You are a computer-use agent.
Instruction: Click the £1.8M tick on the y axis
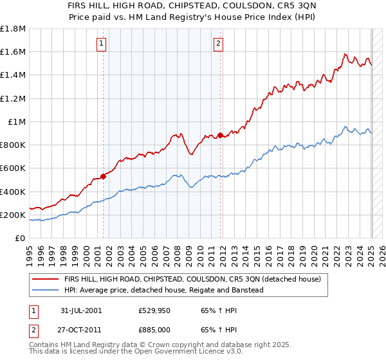pyautogui.click(x=13, y=29)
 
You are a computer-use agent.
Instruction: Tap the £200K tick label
pyautogui.click(x=13, y=215)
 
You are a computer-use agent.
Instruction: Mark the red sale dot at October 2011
pyautogui.click(x=220, y=135)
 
